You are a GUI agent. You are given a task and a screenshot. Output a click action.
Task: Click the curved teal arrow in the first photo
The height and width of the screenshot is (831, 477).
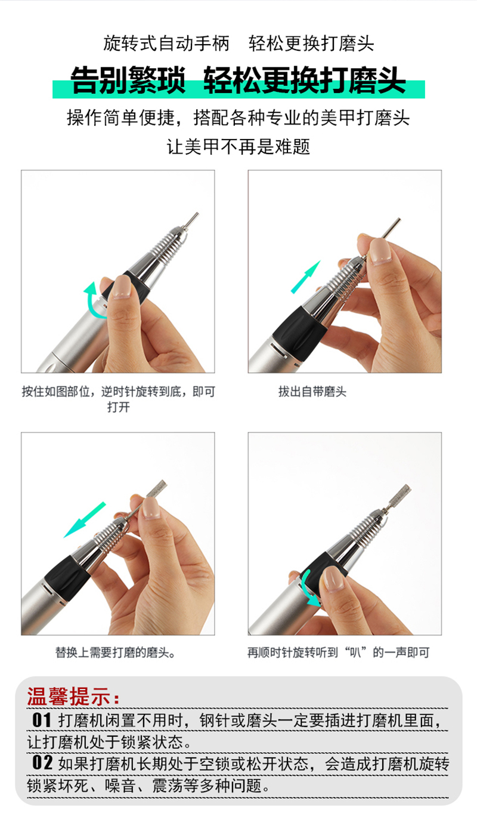point(89,302)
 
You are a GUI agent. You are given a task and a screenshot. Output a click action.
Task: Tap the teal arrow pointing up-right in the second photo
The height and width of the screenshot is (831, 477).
point(306,277)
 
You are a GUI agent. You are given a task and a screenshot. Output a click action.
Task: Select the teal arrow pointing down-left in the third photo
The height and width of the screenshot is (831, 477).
point(85,520)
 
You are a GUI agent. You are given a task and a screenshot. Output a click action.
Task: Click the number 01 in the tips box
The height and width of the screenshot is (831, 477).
point(42,720)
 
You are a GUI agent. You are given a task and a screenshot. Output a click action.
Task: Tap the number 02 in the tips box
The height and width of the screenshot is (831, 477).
point(42,763)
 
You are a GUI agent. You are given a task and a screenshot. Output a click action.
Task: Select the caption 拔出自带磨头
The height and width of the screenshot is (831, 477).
point(312,392)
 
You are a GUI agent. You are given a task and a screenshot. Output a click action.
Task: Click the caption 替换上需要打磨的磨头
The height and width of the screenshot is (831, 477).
point(115,652)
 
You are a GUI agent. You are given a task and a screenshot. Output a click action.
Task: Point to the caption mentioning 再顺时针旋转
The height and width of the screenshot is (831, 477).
point(338,652)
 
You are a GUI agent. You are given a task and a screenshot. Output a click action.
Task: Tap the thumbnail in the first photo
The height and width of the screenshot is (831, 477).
point(122,287)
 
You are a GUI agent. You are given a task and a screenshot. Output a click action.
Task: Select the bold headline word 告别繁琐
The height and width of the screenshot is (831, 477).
point(128,80)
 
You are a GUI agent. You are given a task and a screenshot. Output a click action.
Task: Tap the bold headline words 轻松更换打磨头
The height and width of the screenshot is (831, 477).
point(304,80)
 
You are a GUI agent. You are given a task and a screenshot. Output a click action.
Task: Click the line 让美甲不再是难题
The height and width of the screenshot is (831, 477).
point(238,146)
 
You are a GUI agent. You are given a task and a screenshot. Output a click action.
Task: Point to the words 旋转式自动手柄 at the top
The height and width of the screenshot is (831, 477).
point(166,44)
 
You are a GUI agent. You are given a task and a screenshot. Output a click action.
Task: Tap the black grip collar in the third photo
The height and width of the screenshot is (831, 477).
point(67,577)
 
